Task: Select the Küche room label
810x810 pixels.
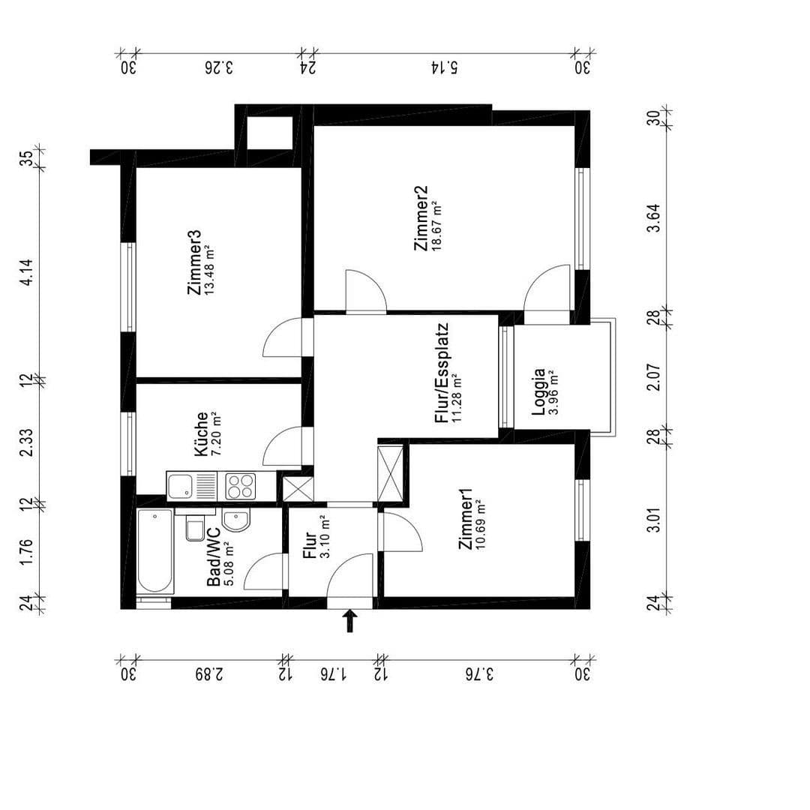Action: tap(200, 434)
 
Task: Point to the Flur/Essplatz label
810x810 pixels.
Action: tap(442, 373)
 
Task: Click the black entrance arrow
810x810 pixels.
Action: tap(349, 621)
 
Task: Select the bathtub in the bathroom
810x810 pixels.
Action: tap(155, 551)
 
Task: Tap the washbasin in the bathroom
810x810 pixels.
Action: tap(237, 520)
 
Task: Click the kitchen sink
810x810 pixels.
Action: tap(182, 487)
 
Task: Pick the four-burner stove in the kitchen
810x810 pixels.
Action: tap(240, 487)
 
